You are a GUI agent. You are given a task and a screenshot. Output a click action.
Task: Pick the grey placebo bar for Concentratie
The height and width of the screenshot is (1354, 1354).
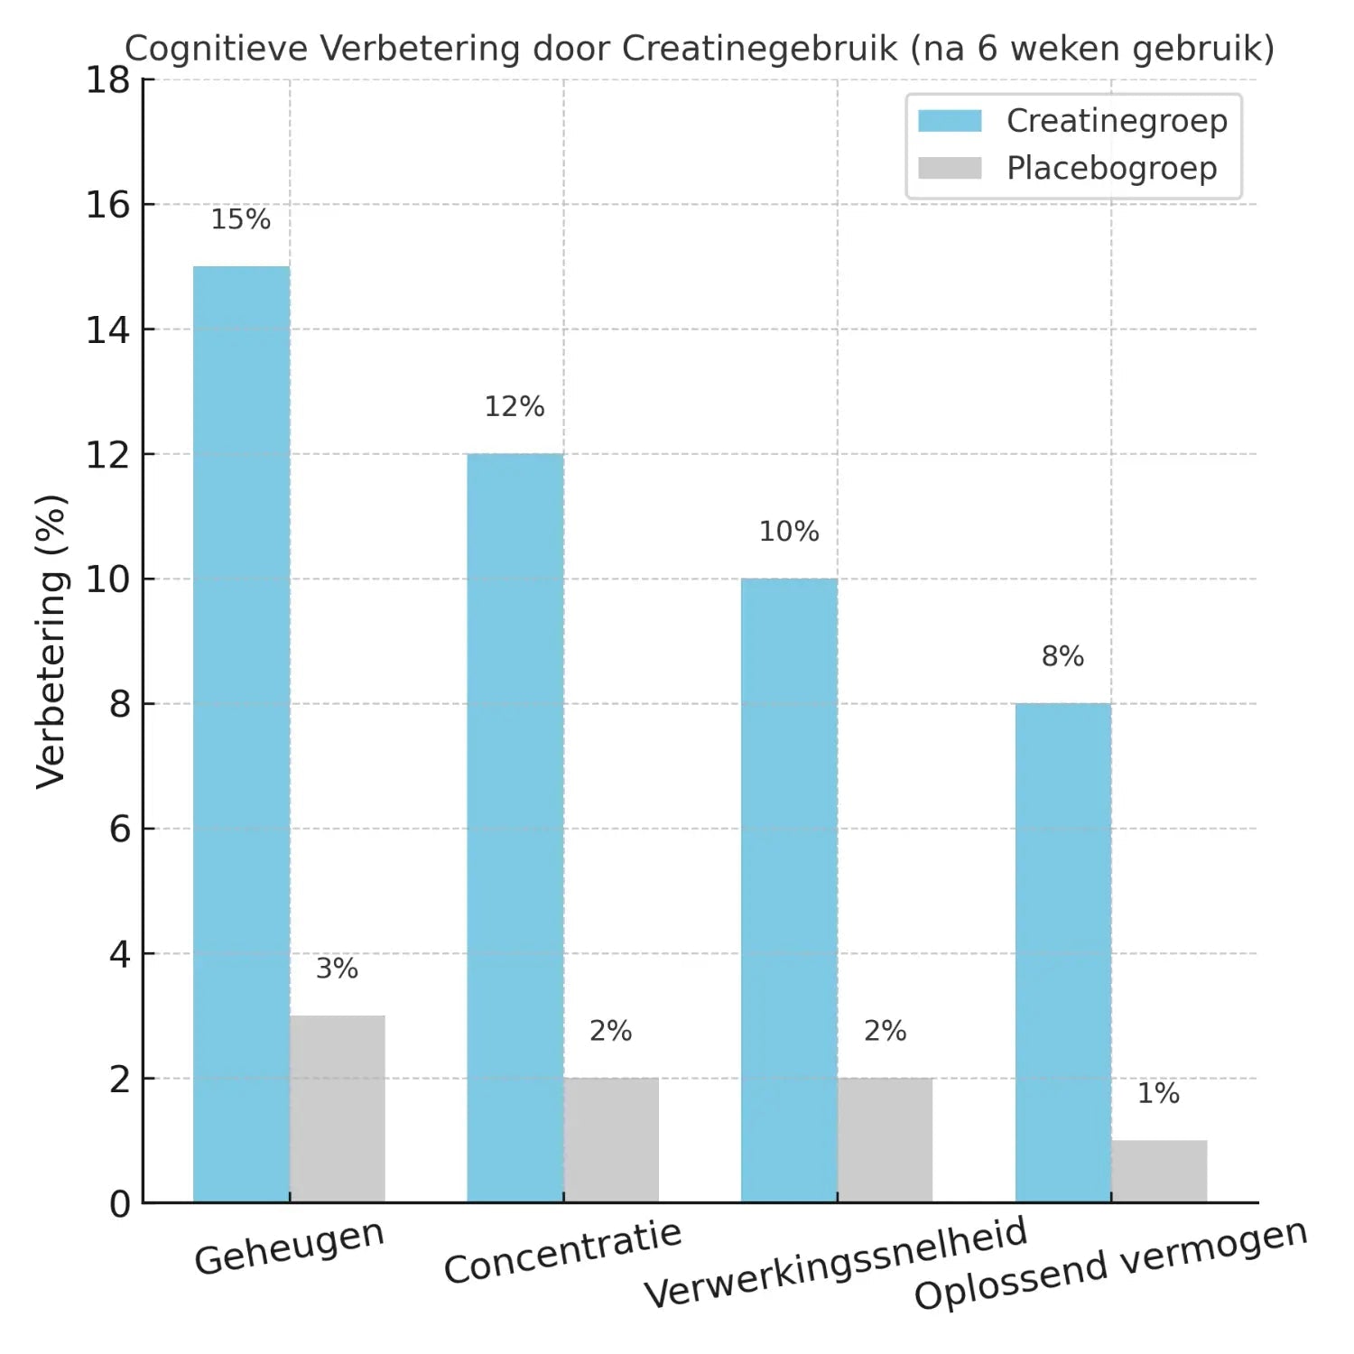click(x=611, y=1139)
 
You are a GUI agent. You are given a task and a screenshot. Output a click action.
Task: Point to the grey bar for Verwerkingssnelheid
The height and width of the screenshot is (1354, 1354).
click(x=885, y=1139)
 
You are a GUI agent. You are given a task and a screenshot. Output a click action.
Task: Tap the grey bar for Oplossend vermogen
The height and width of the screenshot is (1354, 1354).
click(x=1159, y=1171)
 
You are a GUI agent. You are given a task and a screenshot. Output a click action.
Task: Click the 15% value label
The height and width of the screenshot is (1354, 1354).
click(x=240, y=219)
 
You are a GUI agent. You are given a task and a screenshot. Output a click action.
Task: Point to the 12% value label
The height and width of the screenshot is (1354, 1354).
click(x=515, y=407)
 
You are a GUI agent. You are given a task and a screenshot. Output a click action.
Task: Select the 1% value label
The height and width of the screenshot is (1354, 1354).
click(x=1158, y=1093)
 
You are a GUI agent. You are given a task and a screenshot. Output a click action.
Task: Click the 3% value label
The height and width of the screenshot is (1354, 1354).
click(x=337, y=969)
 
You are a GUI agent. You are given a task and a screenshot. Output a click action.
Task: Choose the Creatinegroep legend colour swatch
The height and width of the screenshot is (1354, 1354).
click(x=950, y=121)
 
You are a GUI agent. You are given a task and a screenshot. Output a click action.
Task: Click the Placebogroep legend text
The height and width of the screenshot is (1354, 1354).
click(x=1111, y=168)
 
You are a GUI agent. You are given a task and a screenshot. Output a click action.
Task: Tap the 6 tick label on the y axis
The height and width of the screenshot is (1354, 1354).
click(x=119, y=829)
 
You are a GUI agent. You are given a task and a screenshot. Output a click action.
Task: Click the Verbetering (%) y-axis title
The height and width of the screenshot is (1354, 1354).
click(x=51, y=641)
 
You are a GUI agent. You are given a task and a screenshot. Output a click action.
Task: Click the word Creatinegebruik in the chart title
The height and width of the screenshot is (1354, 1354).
click(x=759, y=48)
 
